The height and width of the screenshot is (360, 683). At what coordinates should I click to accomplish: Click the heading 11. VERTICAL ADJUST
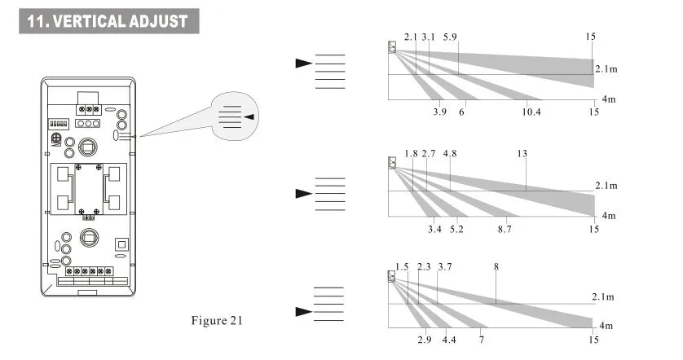point(107,21)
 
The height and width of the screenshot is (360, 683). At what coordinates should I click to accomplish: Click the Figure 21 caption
point(217,320)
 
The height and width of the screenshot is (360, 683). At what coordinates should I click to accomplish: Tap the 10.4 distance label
point(531,112)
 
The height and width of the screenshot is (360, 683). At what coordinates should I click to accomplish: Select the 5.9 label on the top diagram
point(450,37)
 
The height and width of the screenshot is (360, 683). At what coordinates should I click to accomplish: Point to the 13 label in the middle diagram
point(522,153)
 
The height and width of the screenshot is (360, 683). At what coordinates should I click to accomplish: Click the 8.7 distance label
point(505,229)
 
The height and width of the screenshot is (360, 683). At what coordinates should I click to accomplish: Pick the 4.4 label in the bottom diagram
point(449,340)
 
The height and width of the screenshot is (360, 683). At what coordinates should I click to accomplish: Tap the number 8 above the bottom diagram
point(496,266)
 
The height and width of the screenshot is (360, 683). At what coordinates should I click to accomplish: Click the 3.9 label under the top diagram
point(440,112)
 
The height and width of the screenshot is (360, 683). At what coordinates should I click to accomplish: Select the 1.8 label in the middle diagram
point(411,153)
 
